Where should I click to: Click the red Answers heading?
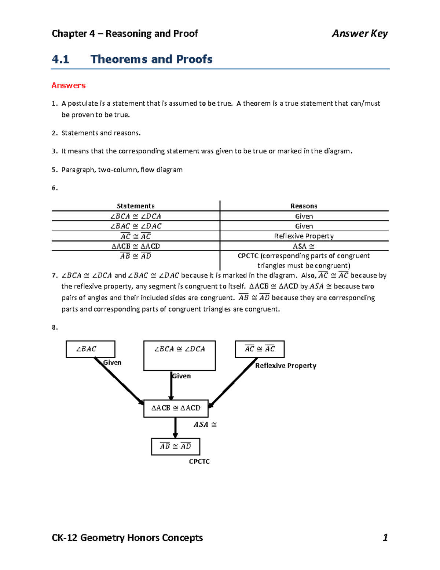[x=69, y=86]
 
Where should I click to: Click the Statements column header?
[x=136, y=206]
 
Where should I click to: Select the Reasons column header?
[x=304, y=206]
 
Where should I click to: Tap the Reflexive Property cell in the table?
[x=304, y=236]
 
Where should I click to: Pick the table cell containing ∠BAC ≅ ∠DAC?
[x=136, y=226]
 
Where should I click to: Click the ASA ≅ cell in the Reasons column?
[x=304, y=246]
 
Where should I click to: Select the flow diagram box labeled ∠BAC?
[x=90, y=349]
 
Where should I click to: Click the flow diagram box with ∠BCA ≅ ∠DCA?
[x=179, y=355]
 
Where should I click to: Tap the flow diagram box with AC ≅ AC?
[x=260, y=349]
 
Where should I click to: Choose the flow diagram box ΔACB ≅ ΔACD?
[x=176, y=408]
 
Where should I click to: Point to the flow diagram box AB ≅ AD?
[x=175, y=446]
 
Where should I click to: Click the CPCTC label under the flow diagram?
[x=199, y=462]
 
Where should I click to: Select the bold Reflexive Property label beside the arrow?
[x=286, y=366]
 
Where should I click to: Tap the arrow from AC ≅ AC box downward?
[x=232, y=383]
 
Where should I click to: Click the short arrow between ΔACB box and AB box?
[x=175, y=427]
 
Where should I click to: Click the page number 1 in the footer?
[x=385, y=538]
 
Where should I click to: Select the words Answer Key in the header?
[x=360, y=33]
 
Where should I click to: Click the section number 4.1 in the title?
[x=60, y=59]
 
